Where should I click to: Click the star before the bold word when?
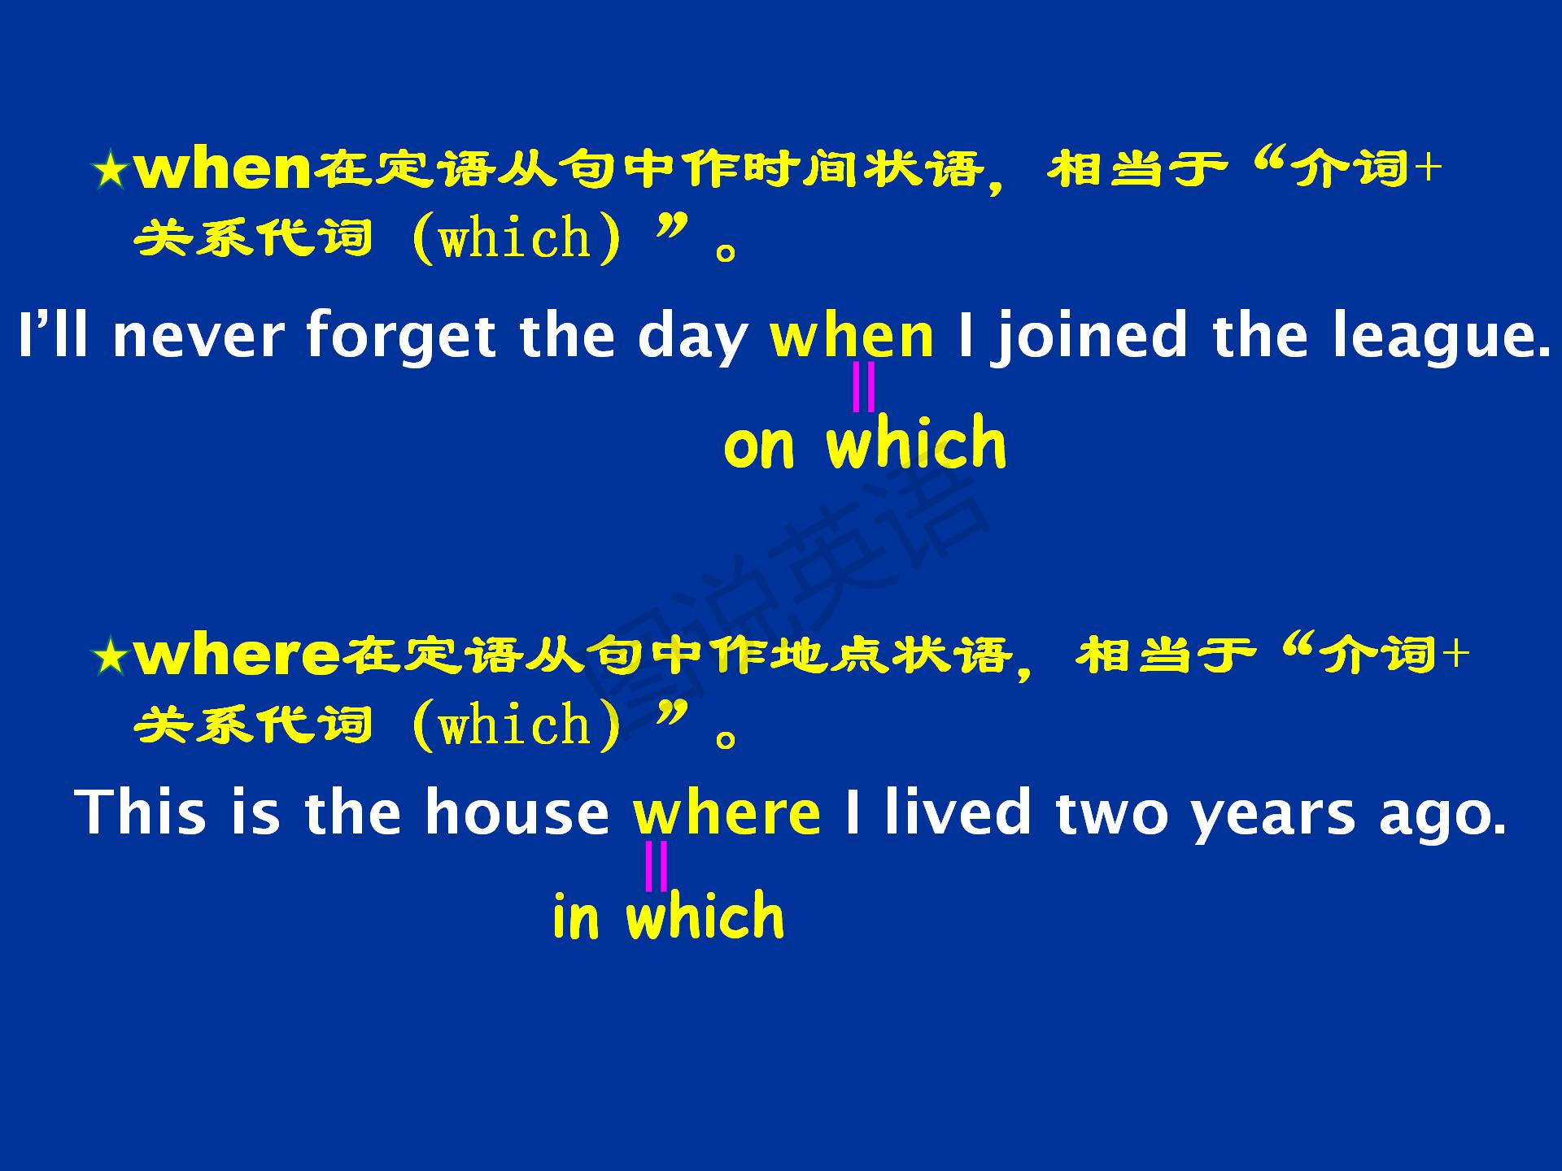pos(110,172)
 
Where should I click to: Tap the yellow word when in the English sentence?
pos(852,336)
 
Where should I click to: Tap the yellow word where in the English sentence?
pos(727,812)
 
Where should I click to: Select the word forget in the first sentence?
pos(400,336)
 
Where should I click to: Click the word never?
pos(199,337)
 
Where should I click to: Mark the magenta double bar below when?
pos(863,387)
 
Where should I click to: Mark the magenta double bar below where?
pos(656,866)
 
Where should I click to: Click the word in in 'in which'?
pos(575,916)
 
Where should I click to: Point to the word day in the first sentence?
pos(692,337)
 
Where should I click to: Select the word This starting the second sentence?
pos(142,812)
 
